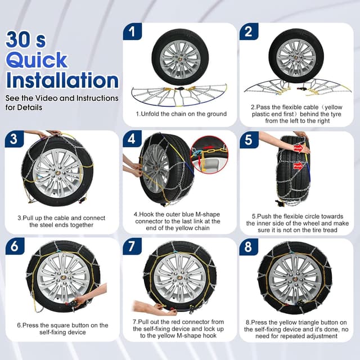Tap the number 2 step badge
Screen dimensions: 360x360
click(248, 31)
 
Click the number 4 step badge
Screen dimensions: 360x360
click(132, 139)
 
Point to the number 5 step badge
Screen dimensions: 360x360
click(248, 139)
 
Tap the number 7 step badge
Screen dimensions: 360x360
click(132, 246)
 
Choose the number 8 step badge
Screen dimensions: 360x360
click(248, 246)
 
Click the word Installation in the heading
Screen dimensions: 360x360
click(62, 80)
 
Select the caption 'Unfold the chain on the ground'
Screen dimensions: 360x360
click(181, 114)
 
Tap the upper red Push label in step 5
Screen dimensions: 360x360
click(298, 148)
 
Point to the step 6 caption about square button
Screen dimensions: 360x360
click(62, 328)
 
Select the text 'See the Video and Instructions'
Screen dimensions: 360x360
click(62, 98)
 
